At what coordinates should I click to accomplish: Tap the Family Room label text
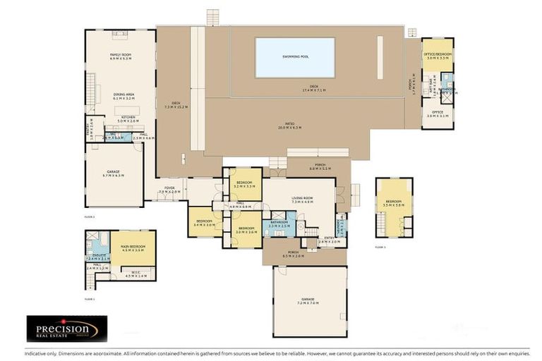[x=121, y=54]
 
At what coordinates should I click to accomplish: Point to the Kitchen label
[x=128, y=116]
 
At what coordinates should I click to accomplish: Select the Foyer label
[x=169, y=188]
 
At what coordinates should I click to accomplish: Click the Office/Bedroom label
[x=438, y=54]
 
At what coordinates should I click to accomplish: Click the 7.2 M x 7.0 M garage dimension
[x=310, y=302]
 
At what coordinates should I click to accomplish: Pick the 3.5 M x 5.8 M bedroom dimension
[x=393, y=205]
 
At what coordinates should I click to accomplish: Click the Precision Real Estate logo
[x=67, y=328]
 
